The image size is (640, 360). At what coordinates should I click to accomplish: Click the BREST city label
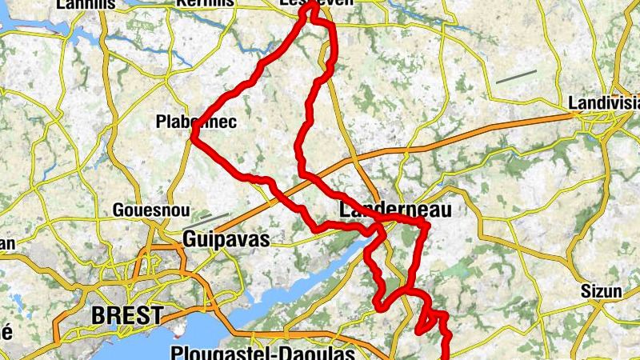click(x=127, y=315)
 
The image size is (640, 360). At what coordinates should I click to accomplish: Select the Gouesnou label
click(x=152, y=210)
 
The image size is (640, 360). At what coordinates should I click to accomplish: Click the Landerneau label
click(x=395, y=210)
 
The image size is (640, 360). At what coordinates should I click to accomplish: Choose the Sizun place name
click(x=601, y=291)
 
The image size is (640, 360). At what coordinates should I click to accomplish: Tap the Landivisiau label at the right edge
click(x=604, y=103)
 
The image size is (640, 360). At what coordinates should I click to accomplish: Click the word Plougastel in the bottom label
click(x=210, y=353)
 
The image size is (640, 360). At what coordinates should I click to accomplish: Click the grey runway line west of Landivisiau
click(x=515, y=77)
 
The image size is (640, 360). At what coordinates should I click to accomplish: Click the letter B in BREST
click(x=99, y=315)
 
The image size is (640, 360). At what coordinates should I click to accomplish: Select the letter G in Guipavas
click(x=190, y=238)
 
